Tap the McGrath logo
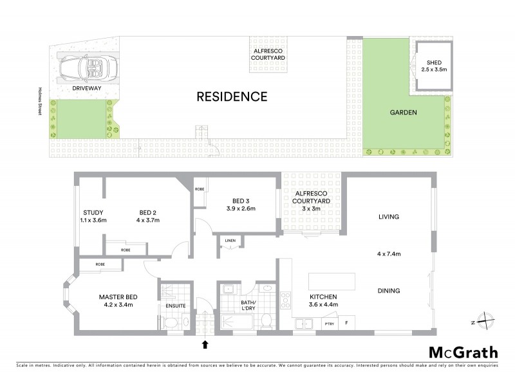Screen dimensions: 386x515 coord(463,352)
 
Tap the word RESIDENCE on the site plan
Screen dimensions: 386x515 coord(232,97)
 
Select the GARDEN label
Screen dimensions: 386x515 coord(404,113)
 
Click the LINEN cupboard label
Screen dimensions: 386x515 coord(229,242)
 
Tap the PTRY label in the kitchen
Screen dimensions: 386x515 coord(329,324)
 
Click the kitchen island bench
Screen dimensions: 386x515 coord(332,282)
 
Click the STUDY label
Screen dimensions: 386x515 coord(94,213)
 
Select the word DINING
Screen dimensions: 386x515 coord(389,291)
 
